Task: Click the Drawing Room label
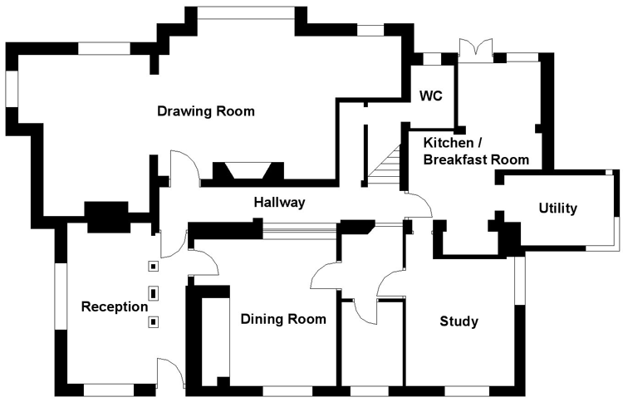205,111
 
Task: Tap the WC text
430,96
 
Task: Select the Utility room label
557,208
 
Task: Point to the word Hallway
279,202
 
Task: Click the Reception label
114,306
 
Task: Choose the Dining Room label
283,319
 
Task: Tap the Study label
458,321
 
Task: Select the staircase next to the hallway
385,170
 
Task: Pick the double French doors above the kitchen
477,48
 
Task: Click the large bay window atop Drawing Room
246,12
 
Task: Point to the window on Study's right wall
520,282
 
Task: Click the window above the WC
431,58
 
